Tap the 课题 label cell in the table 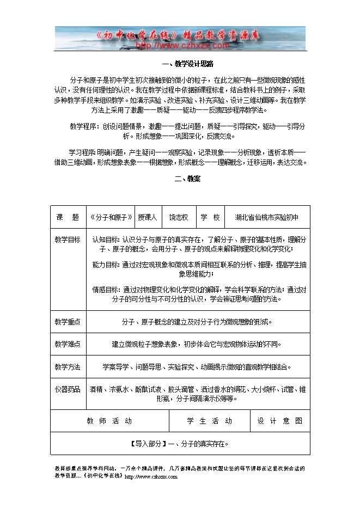68,217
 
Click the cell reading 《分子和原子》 111,217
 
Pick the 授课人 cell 147,217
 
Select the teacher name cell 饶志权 179,217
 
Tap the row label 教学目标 68,240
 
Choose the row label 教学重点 68,322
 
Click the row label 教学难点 68,344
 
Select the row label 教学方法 68,366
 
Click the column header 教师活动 109,421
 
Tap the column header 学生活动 210,421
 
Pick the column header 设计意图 280,421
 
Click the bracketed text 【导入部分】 148,444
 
